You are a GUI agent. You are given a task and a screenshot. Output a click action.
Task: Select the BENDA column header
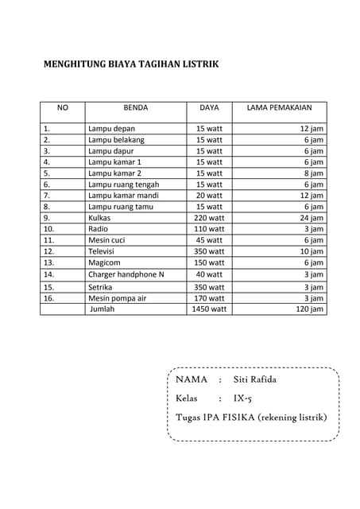(x=136, y=107)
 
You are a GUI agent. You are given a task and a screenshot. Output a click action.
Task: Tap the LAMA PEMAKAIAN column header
(x=279, y=107)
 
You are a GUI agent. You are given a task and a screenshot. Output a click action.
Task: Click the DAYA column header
(x=209, y=107)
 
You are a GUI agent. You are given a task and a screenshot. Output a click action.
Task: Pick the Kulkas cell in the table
(x=99, y=217)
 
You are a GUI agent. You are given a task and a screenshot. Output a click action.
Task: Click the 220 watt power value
(x=209, y=217)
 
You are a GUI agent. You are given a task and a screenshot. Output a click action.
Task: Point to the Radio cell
(x=99, y=228)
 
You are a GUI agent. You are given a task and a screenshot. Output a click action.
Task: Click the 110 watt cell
(x=209, y=228)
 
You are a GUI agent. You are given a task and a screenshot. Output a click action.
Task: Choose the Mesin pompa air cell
(x=117, y=298)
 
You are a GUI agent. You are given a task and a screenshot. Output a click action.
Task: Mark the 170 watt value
(x=209, y=298)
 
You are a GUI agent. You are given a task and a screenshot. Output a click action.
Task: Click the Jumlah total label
(x=103, y=309)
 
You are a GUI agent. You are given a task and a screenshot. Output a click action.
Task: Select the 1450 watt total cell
(x=209, y=309)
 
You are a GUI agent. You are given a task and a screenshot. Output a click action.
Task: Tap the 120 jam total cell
(x=310, y=309)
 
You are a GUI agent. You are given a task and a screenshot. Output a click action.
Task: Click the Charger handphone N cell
(x=126, y=274)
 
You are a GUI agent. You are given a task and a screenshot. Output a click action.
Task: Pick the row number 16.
(x=48, y=298)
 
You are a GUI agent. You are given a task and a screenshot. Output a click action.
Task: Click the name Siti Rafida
(x=255, y=379)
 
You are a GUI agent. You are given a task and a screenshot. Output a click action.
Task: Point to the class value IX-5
(x=242, y=398)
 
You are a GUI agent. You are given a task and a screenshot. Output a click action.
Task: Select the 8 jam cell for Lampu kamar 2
(x=314, y=173)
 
